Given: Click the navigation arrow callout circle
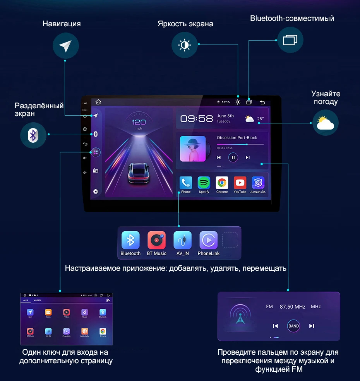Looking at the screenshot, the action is click(65, 46).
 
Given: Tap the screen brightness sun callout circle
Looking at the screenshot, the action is click(185, 45).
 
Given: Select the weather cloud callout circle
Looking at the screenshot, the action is click(326, 123).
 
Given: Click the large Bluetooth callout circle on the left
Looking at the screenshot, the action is click(33, 135).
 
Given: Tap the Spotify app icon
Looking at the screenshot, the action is click(204, 183).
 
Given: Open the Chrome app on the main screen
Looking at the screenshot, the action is click(222, 183).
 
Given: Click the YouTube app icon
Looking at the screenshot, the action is click(240, 183).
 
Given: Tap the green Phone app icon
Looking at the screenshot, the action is click(186, 183).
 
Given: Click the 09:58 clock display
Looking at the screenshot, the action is click(197, 118).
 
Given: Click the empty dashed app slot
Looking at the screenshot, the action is click(230, 240).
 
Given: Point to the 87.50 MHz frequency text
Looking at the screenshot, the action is click(292, 307).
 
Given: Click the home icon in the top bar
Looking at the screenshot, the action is click(98, 102).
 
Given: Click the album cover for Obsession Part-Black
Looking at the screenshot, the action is click(193, 149).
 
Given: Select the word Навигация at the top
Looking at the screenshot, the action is click(62, 24).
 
